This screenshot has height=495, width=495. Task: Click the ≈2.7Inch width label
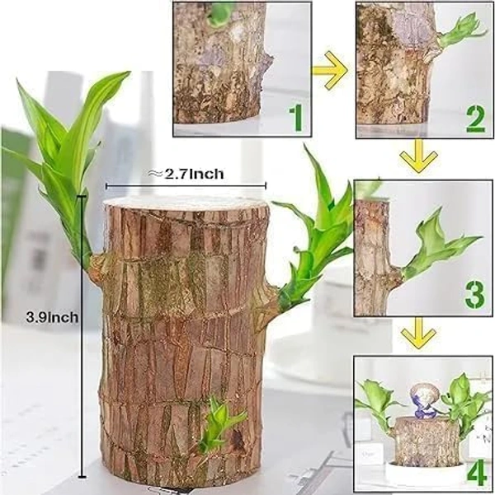pyautogui.click(x=186, y=174)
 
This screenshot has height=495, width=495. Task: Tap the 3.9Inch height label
pyautogui.click(x=52, y=316)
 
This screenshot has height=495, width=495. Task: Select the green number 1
pyautogui.click(x=296, y=119)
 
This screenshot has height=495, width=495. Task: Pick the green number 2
pyautogui.click(x=476, y=119)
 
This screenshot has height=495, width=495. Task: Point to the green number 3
pyautogui.click(x=475, y=296)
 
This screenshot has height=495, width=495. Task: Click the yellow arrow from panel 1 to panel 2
pyautogui.click(x=329, y=70)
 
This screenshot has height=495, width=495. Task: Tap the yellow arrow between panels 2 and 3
pyautogui.click(x=419, y=156)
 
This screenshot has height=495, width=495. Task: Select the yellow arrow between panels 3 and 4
pyautogui.click(x=419, y=333)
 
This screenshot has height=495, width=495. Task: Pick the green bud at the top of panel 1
pyautogui.click(x=219, y=14)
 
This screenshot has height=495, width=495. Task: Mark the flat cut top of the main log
pyautogui.click(x=186, y=202)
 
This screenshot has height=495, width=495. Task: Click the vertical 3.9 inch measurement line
pyautogui.click(x=82, y=336)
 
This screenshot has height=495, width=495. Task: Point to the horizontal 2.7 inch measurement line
pyautogui.click(x=186, y=186)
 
